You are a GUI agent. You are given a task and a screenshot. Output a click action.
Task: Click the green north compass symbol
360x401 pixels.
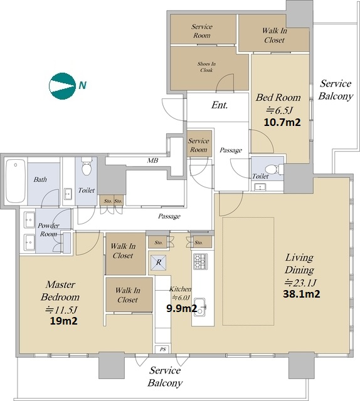[x=62, y=86]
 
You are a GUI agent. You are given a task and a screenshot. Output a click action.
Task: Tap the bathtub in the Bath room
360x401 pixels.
[x=16, y=181]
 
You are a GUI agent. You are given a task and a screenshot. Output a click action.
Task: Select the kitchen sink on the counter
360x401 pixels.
[x=200, y=307]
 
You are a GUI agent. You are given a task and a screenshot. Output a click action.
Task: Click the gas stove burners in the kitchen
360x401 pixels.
[x=200, y=261]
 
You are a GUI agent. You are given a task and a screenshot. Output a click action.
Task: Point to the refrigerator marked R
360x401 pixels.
[x=159, y=263]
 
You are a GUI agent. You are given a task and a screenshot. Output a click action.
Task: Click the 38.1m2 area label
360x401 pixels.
[x=302, y=294]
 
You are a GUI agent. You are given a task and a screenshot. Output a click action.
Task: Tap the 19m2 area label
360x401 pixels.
[x=63, y=321]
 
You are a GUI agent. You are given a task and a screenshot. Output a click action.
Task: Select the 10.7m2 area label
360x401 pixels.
[x=282, y=122]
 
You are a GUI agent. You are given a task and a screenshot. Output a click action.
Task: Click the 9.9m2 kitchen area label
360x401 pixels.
[x=181, y=308]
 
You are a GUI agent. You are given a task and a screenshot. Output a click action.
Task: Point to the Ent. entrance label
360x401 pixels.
[x=220, y=105]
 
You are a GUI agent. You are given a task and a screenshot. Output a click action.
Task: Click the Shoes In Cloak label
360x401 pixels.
[x=206, y=67]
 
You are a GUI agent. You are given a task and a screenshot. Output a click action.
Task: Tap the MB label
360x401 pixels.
[x=152, y=160]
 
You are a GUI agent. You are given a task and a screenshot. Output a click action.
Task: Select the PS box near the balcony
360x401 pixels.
[x=163, y=350]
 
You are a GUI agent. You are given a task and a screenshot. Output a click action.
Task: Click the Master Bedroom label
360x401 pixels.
[x=60, y=291]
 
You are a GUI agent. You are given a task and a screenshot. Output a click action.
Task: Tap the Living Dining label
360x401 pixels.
[x=300, y=263]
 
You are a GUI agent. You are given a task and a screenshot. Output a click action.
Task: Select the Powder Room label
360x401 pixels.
[x=48, y=230]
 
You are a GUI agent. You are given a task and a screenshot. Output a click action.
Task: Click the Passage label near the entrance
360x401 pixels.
[x=231, y=150]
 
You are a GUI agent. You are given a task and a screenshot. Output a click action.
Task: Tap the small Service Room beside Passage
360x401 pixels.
[x=199, y=143]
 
